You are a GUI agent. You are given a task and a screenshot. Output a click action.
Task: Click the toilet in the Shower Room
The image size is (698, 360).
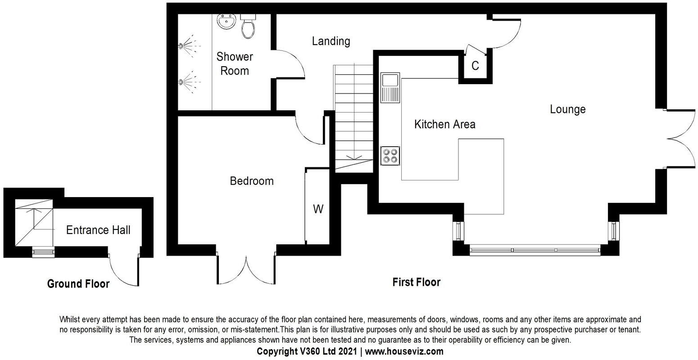(248, 27)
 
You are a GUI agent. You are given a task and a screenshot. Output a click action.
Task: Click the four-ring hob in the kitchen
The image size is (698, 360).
(390, 155)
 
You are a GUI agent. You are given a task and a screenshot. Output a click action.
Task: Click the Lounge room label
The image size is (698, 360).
(567, 109)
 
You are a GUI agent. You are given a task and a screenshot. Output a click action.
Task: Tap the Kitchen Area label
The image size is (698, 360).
(444, 124)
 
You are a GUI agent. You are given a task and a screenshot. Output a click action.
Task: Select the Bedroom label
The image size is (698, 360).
(251, 181)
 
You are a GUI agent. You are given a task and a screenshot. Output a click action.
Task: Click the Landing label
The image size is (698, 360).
(331, 41)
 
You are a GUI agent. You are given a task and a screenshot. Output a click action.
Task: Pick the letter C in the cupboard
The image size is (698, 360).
(475, 66)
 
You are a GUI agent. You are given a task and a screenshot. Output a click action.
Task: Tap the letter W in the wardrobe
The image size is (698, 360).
(318, 209)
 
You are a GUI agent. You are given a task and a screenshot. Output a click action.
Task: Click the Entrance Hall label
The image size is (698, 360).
(98, 230)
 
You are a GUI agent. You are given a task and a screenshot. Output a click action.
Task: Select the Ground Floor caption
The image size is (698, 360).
(78, 284)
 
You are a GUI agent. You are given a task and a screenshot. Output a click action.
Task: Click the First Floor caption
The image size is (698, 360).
(416, 282)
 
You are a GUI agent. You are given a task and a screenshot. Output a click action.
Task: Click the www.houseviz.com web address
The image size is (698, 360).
(404, 351)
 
